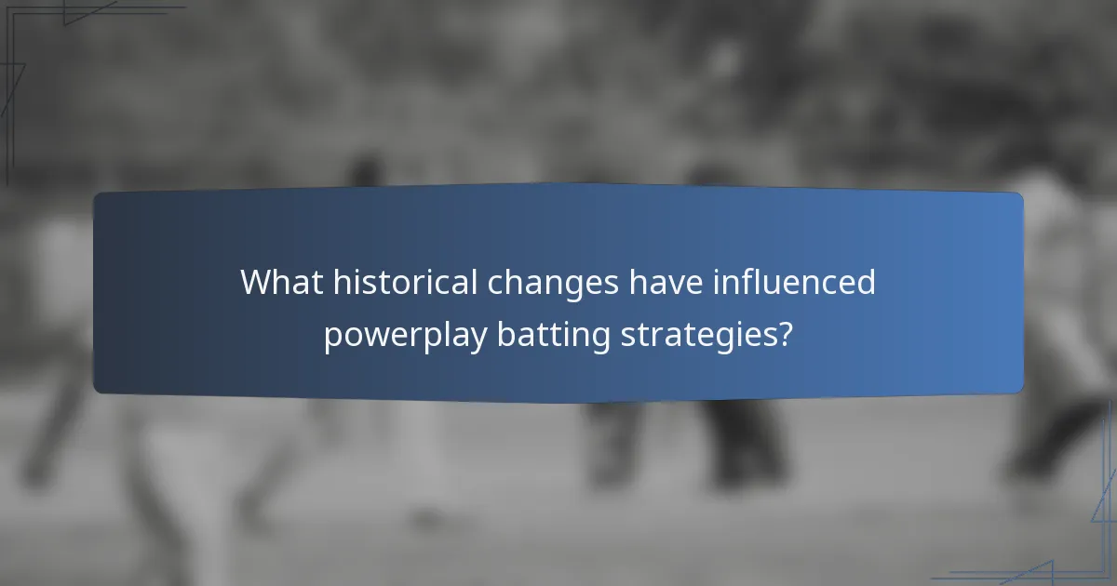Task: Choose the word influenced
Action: [794, 282]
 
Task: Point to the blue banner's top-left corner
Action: [96, 194]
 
